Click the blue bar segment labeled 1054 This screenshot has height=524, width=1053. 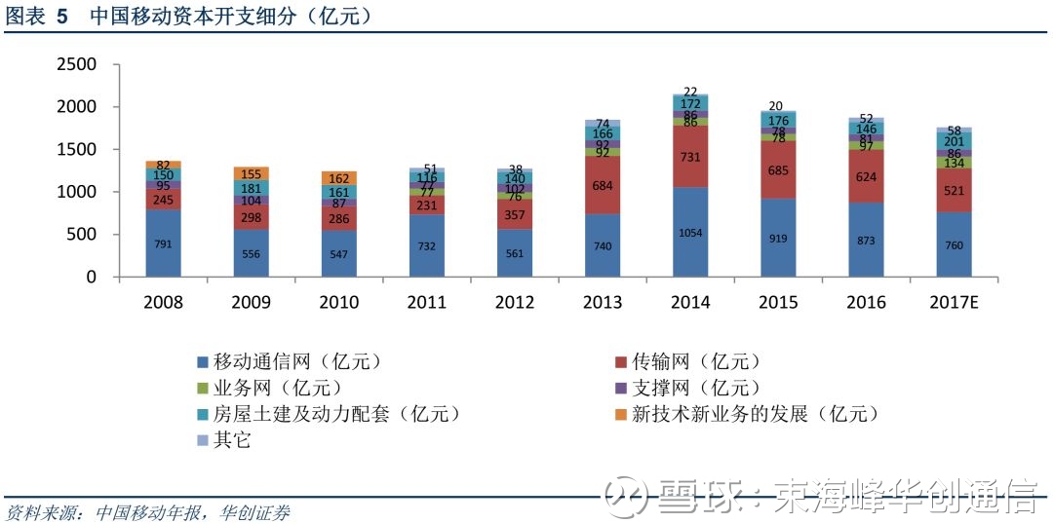[690, 232]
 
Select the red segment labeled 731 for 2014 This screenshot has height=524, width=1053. [690, 157]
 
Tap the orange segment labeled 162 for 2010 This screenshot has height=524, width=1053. [339, 178]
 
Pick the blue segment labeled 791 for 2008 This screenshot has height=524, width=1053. [163, 243]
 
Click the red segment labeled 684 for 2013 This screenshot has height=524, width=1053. [603, 185]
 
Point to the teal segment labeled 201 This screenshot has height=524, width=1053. [955, 140]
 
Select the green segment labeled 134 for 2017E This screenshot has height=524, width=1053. [955, 163]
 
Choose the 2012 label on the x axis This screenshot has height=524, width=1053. [515, 302]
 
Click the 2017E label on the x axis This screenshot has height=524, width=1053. [955, 302]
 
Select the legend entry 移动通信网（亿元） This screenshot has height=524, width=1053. [291, 362]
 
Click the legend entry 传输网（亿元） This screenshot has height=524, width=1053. [689, 362]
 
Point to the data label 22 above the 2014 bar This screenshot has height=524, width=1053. [690, 92]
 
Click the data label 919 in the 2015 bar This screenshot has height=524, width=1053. [778, 239]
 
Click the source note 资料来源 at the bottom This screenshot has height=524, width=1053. [42, 513]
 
